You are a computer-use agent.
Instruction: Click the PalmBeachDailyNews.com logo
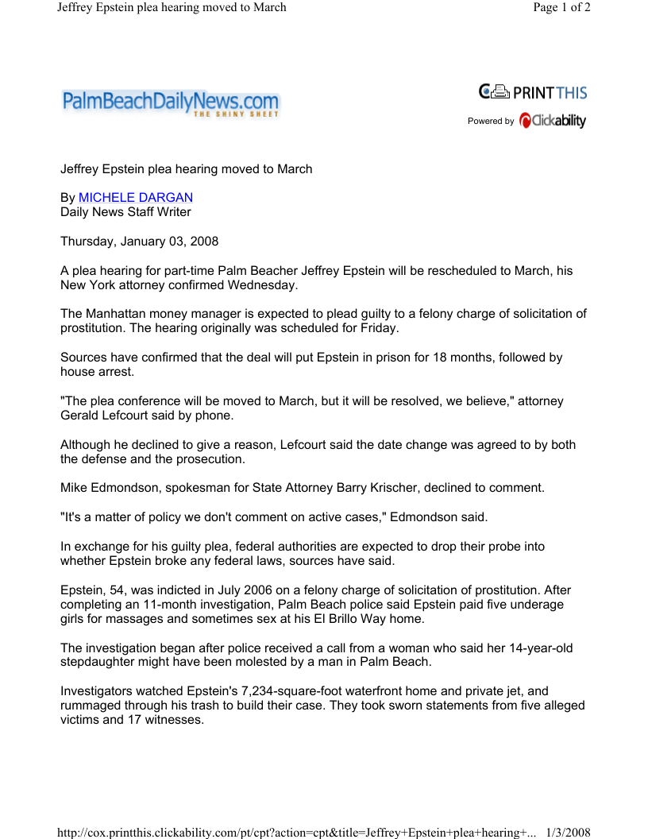click(170, 103)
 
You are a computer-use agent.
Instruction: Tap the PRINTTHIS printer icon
click(499, 92)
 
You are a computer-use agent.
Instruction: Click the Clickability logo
click(553, 121)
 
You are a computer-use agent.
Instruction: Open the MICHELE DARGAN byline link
click(136, 198)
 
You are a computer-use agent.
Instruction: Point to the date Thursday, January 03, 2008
click(140, 242)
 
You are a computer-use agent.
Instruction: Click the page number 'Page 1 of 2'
click(561, 8)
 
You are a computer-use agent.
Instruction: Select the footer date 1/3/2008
click(569, 832)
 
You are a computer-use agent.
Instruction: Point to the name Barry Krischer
click(434, 488)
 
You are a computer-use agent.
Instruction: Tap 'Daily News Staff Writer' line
click(125, 212)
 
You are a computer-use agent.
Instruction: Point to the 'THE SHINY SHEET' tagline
click(236, 116)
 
